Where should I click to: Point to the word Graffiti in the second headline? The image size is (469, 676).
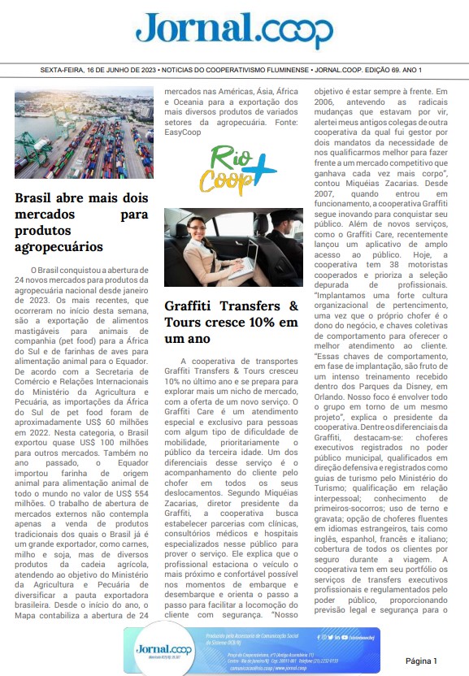(193, 306)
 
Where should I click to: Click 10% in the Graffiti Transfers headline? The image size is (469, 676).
(243, 323)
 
